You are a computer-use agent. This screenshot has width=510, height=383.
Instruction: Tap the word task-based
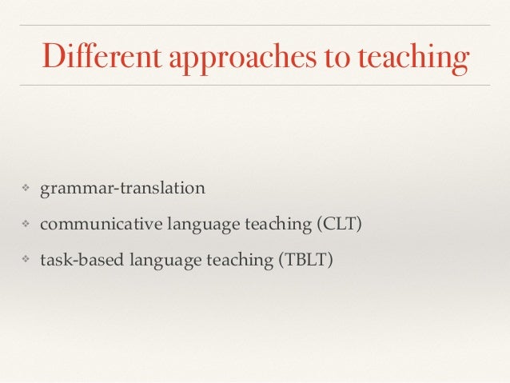pyautogui.click(x=75, y=259)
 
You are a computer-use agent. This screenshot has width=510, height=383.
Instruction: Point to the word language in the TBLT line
pyautogui.click(x=149, y=260)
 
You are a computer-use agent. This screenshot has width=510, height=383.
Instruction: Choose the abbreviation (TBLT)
pyautogui.click(x=302, y=259)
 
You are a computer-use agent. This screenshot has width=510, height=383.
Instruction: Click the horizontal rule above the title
pyautogui.click(x=255, y=25)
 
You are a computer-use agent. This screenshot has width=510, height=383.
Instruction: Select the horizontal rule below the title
pyautogui.click(x=255, y=84)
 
